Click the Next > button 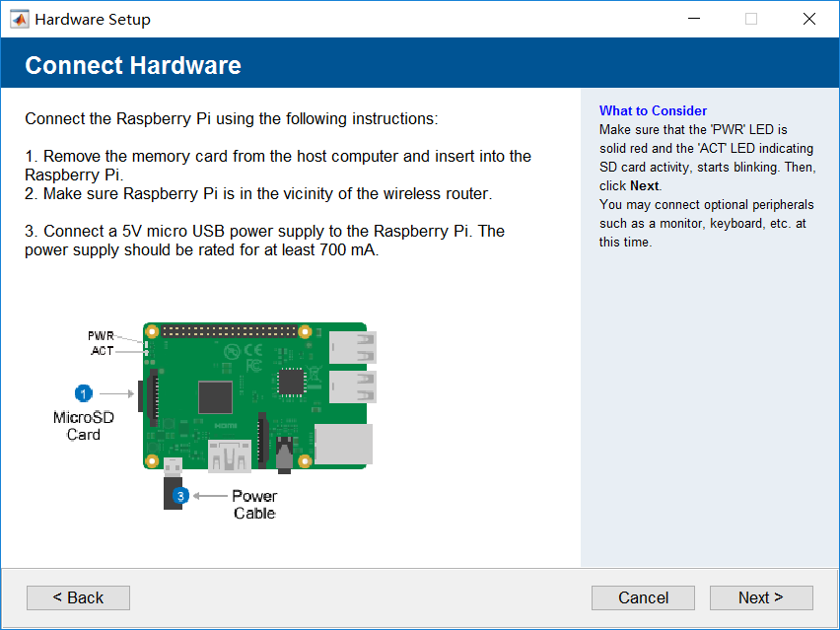pyautogui.click(x=761, y=597)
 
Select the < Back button pyautogui.click(x=78, y=597)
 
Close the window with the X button pyautogui.click(x=808, y=19)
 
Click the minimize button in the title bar pyautogui.click(x=694, y=19)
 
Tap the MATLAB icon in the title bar pyautogui.click(x=20, y=20)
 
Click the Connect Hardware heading pyautogui.click(x=133, y=65)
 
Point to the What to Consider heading pyautogui.click(x=653, y=110)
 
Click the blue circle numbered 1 pyautogui.click(x=83, y=393)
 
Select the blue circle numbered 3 pyautogui.click(x=180, y=496)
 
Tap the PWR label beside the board pyautogui.click(x=101, y=336)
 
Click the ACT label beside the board pyautogui.click(x=103, y=351)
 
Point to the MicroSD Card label pyautogui.click(x=84, y=426)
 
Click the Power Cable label pyautogui.click(x=254, y=504)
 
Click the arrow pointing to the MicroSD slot pyautogui.click(x=116, y=393)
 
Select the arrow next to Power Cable pyautogui.click(x=210, y=496)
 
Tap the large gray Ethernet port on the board pyautogui.click(x=343, y=444)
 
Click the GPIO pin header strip pyautogui.click(x=229, y=331)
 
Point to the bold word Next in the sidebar pyautogui.click(x=645, y=186)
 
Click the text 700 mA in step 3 pyautogui.click(x=348, y=249)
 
